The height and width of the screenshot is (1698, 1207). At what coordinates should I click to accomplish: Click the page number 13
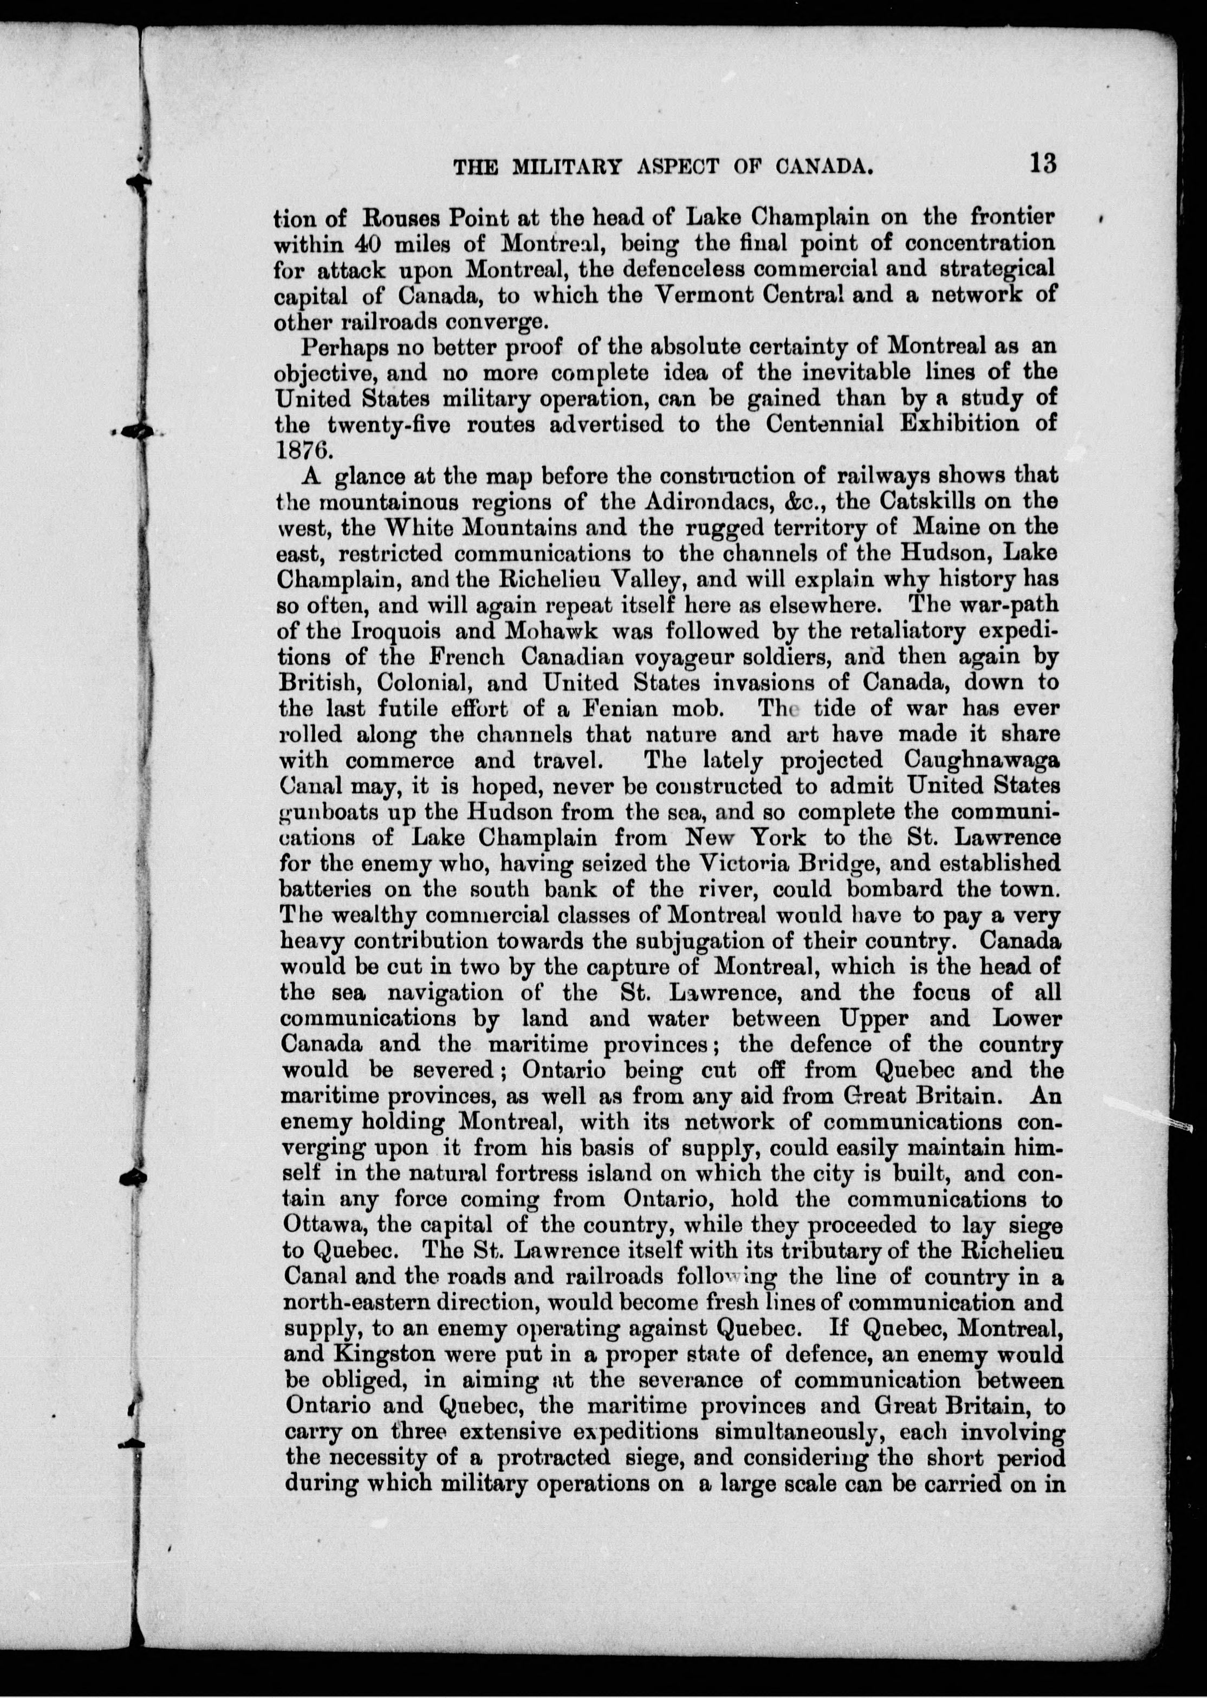tap(1043, 163)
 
